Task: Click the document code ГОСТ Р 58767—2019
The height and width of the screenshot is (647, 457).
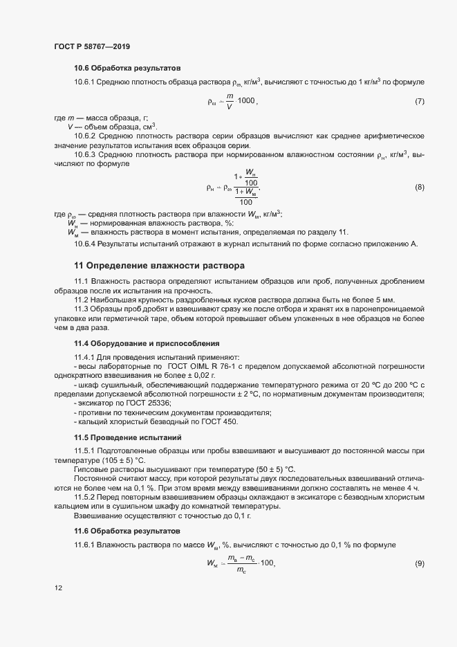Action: pyautogui.click(x=91, y=46)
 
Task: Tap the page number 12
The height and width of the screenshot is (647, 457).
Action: pyautogui.click(x=58, y=588)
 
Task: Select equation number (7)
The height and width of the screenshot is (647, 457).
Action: pyautogui.click(x=419, y=102)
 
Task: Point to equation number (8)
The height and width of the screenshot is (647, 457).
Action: pyautogui.click(x=419, y=187)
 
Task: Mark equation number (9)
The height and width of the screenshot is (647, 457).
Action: pyautogui.click(x=419, y=563)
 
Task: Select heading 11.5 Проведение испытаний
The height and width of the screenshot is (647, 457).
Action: pyautogui.click(x=127, y=437)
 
